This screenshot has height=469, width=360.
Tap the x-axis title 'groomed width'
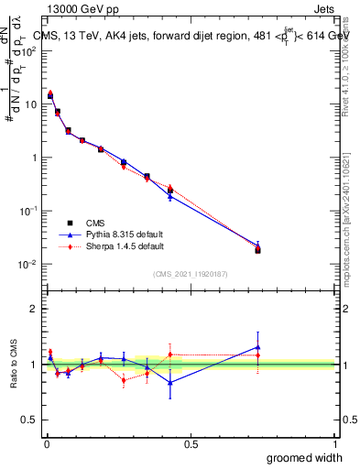(x=305, y=457)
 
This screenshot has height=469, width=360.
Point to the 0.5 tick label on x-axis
(x=191, y=443)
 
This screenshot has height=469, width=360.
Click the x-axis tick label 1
(x=334, y=443)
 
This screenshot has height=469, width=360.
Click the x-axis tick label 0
(x=46, y=443)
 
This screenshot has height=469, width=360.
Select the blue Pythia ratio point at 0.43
(x=170, y=383)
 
